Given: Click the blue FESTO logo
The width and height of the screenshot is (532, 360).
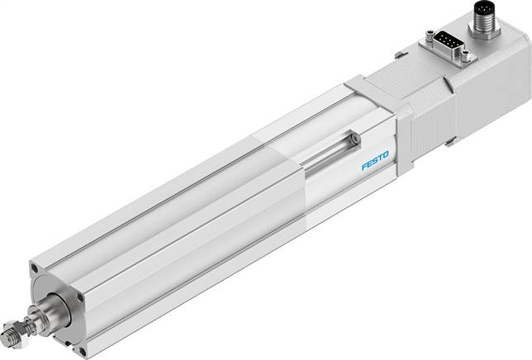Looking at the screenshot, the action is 375,161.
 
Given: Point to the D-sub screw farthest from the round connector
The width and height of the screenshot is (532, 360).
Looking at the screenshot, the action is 429,35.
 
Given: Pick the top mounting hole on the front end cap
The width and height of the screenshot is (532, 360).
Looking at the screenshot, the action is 34,269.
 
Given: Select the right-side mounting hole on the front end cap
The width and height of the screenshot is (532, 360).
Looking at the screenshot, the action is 80,298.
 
